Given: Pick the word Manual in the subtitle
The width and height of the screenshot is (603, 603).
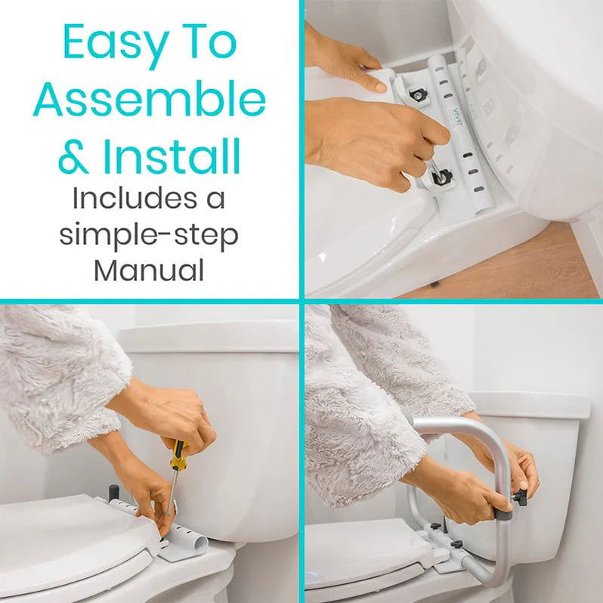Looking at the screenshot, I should [149, 270].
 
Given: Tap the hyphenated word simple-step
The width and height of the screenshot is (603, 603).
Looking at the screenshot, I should [149, 234].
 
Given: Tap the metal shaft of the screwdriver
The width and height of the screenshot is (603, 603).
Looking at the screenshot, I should [172, 491].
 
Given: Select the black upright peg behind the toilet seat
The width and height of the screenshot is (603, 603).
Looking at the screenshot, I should [114, 493].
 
